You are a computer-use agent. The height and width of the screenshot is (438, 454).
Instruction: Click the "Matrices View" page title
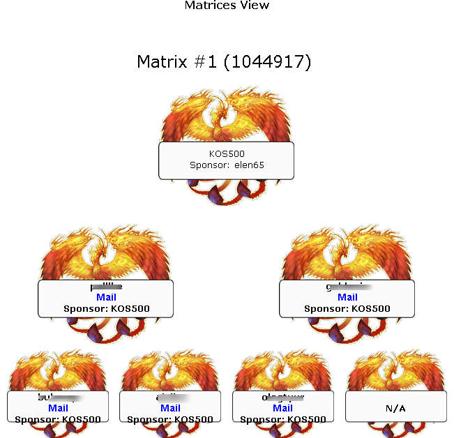coord(227,6)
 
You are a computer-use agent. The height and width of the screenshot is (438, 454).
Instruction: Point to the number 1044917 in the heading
coord(267,62)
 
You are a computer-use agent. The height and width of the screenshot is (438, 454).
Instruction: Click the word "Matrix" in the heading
coord(161,62)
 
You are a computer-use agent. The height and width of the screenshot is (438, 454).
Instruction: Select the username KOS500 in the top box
coord(227,153)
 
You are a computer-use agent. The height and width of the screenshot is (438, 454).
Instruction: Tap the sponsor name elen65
coord(249,165)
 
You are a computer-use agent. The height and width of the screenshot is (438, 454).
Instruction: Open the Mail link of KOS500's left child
coord(106,297)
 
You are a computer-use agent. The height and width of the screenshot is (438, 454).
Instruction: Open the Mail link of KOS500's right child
coord(347,297)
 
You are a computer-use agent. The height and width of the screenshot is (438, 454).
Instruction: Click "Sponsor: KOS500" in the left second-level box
coord(106,308)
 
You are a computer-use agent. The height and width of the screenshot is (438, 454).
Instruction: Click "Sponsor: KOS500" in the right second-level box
coord(347,308)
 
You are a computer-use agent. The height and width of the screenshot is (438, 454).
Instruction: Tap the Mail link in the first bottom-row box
coord(58,408)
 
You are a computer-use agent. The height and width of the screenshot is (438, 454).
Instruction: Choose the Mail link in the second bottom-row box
coord(170,408)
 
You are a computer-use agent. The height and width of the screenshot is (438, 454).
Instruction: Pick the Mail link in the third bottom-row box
coord(282,408)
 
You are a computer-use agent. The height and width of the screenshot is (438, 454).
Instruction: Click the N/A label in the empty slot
coord(395,408)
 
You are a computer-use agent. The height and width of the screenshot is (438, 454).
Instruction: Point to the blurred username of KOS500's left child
coord(106,287)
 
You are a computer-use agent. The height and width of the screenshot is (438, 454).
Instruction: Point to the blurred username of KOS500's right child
coord(347,287)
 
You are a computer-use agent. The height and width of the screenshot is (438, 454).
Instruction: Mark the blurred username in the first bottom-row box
coord(58,398)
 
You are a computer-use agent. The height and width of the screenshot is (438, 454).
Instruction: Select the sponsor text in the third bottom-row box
coord(282,419)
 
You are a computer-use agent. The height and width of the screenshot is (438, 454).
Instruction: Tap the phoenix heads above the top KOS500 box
coord(225,112)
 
